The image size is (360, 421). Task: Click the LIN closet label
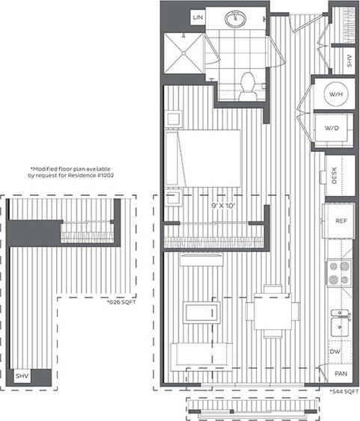coord(198,17)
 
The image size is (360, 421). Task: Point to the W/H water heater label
coord(334,95)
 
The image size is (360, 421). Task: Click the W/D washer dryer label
coord(333,128)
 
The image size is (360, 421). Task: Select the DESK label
coord(335,176)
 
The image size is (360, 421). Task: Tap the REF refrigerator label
coord(340,221)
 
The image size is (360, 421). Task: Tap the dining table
coord(272,311)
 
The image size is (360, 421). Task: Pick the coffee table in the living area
coord(199,311)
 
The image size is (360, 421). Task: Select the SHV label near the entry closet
coord(350,61)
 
